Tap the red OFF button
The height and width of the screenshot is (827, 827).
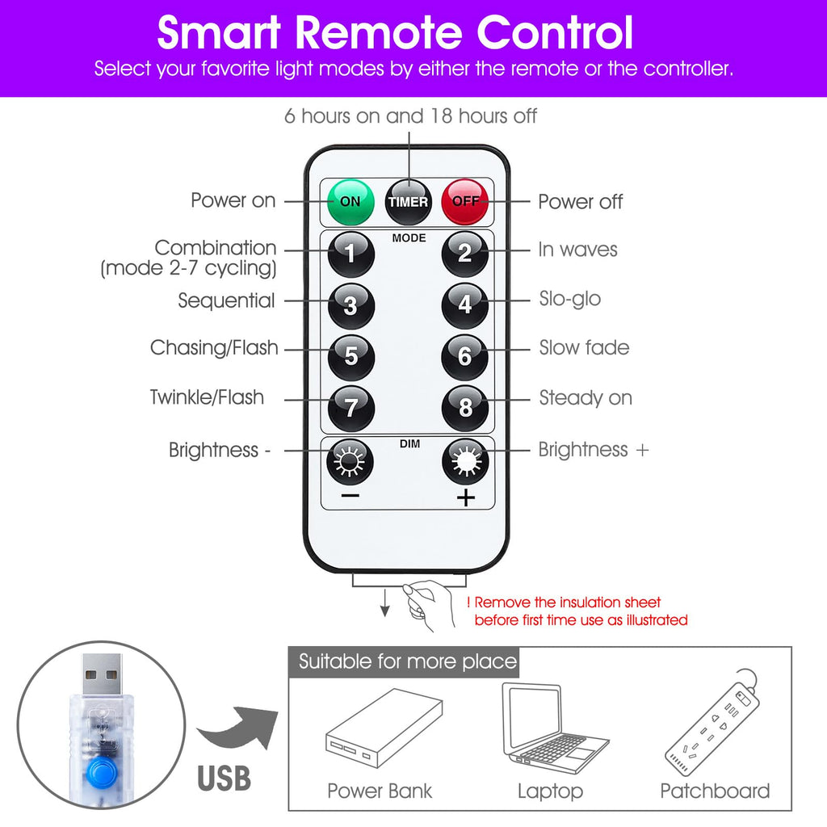(465, 202)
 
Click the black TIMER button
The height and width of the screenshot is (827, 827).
(408, 202)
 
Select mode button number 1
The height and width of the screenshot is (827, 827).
(351, 254)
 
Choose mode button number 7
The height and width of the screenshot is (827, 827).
(351, 408)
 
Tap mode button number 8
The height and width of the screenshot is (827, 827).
(465, 408)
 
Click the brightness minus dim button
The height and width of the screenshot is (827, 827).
(351, 461)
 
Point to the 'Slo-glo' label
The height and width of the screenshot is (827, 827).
(570, 299)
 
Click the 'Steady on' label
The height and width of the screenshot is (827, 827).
(586, 397)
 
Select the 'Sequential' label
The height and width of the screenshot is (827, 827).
(226, 300)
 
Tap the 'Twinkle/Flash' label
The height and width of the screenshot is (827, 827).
(207, 397)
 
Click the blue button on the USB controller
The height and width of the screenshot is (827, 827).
(101, 773)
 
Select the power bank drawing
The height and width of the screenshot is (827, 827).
(384, 728)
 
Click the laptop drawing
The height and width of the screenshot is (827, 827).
(554, 728)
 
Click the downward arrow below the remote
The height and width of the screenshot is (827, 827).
(385, 602)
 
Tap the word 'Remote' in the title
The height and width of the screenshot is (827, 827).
(379, 32)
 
